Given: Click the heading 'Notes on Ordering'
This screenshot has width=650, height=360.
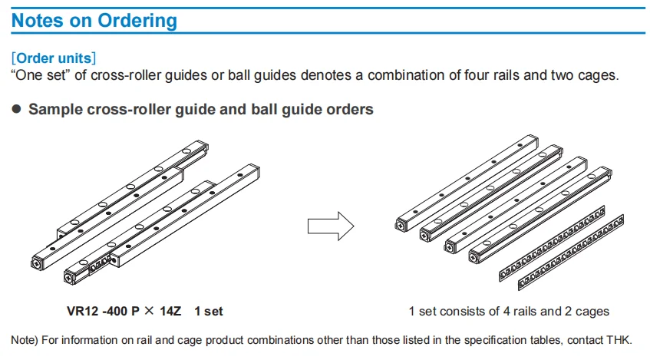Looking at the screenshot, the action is click(94, 21).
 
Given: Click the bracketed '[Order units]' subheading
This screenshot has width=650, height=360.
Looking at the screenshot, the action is click(54, 58).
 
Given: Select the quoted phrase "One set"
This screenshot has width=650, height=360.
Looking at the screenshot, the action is click(41, 75).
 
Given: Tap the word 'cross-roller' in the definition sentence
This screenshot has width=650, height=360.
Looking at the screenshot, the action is click(126, 75).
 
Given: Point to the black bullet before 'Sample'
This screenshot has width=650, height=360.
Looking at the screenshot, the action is click(17, 109).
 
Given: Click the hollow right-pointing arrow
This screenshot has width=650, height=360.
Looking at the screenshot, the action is click(331, 226).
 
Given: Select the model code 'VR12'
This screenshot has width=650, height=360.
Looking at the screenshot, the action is click(82, 311).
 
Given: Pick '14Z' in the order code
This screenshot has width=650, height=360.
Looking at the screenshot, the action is click(170, 311).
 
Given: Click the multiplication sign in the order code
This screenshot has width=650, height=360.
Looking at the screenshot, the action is click(150, 311).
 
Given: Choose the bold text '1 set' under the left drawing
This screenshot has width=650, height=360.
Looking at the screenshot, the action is click(209, 311).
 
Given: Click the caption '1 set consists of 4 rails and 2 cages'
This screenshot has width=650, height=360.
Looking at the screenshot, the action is click(509, 311).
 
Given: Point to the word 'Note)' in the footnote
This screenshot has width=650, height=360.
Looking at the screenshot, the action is click(25, 340).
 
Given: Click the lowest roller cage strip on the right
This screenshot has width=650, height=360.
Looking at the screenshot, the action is click(571, 253).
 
